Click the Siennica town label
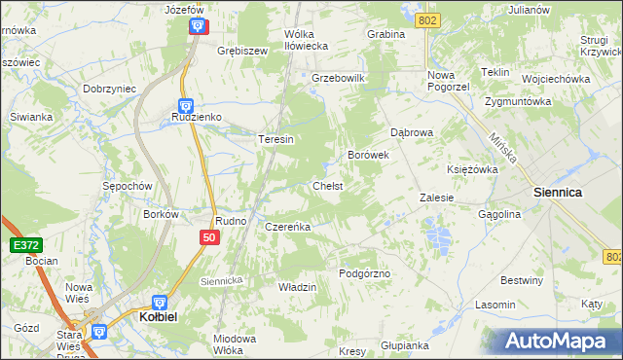click(x=558, y=193)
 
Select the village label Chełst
click(x=327, y=186)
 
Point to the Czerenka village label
click(x=287, y=227)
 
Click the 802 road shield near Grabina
click(x=425, y=20)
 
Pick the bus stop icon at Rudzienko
click(x=185, y=105)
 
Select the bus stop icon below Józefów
click(x=198, y=26)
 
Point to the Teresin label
click(x=275, y=139)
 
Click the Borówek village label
click(x=369, y=155)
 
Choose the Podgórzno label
click(x=364, y=274)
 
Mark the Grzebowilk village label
click(x=337, y=78)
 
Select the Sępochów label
click(x=128, y=185)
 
